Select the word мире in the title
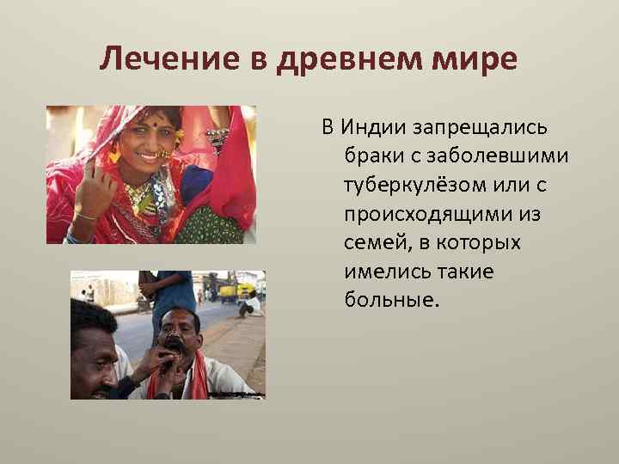(480, 60)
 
